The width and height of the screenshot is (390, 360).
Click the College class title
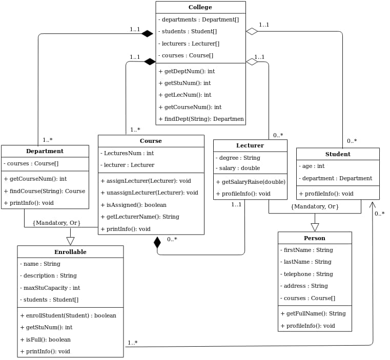200,7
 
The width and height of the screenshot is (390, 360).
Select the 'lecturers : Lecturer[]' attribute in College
189,44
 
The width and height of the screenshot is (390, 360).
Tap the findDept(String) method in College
201,119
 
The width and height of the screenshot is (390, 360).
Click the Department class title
45,151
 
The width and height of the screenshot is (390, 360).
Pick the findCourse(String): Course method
45,191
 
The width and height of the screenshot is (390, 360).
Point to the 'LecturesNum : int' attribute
127,153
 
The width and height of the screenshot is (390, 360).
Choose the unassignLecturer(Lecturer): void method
150,193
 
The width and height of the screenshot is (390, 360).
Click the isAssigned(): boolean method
134,205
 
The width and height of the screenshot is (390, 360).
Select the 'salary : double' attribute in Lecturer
238,168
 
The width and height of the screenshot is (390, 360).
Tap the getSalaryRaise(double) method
251,182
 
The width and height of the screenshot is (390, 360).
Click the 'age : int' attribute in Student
312,166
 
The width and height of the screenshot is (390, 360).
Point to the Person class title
315,238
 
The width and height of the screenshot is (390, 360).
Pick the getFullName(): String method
314,313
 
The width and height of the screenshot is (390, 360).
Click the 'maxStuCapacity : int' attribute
50,288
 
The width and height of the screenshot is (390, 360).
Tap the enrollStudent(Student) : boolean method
68,315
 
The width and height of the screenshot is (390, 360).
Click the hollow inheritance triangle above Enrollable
70,241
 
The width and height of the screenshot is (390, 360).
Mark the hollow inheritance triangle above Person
315,227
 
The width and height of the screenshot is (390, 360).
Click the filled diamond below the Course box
157,243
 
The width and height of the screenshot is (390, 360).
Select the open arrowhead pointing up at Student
373,205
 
